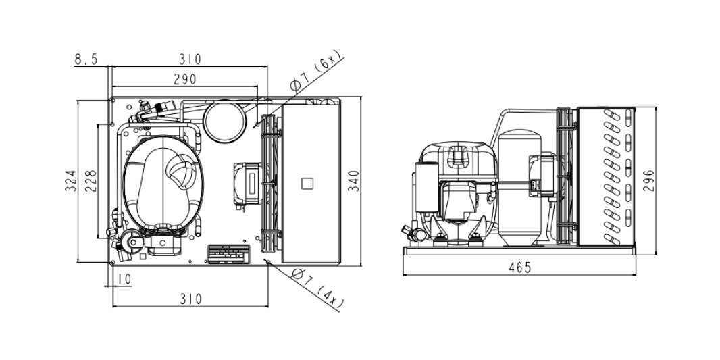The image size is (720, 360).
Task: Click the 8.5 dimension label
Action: click(86, 59)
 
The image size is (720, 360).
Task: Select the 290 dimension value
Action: click(185, 80)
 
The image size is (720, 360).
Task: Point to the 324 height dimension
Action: click(70, 181)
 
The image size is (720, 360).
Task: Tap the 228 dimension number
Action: click(91, 181)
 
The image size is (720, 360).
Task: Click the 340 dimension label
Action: click(353, 181)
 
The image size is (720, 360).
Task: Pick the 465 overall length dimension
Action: click(520, 267)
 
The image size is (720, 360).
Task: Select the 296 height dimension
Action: click(648, 181)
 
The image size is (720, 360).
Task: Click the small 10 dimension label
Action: click(124, 279)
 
